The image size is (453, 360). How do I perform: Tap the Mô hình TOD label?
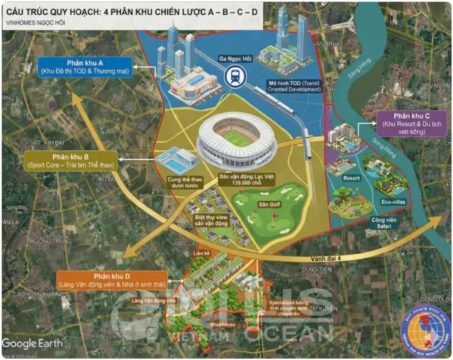(294, 86)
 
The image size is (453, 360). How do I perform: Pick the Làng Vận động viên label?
(154, 300)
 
